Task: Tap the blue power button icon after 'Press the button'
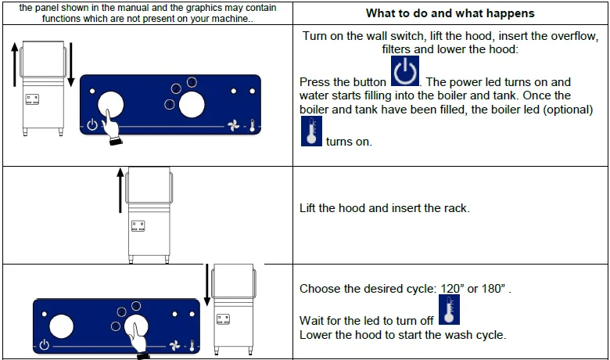(x=405, y=71)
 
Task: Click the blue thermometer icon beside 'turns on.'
(x=311, y=131)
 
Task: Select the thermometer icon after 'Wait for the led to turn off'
(x=450, y=309)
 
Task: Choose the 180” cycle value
(x=493, y=289)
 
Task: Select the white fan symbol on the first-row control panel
(x=233, y=125)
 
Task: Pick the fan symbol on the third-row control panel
(x=175, y=345)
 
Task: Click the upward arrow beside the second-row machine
(x=120, y=190)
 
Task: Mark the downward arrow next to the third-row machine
(x=207, y=285)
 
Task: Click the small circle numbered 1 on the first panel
(x=169, y=104)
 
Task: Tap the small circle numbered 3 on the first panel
(x=192, y=82)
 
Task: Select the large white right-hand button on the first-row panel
(x=192, y=105)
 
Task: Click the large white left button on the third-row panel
(x=62, y=326)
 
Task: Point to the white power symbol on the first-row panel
(x=91, y=125)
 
